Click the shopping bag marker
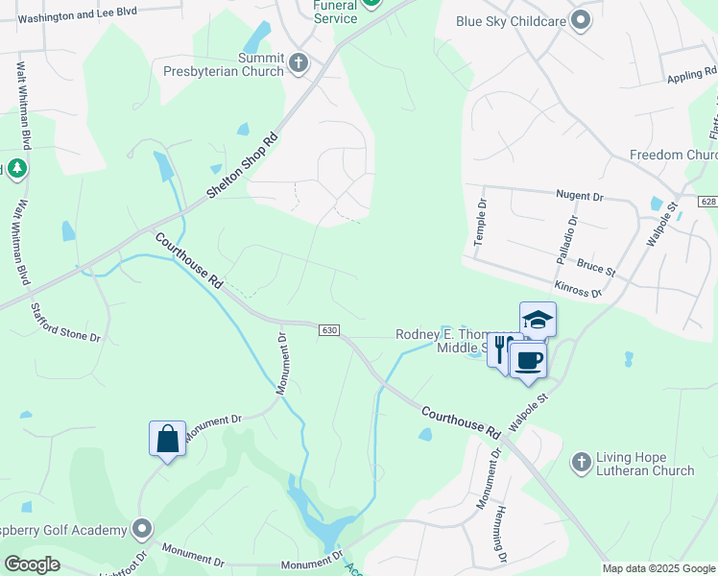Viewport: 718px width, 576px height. pyautogui.click(x=167, y=439)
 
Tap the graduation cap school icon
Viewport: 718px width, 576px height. pyautogui.click(x=538, y=320)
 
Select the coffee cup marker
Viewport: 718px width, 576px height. pyautogui.click(x=528, y=361)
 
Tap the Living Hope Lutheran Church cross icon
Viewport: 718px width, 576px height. pyautogui.click(x=581, y=463)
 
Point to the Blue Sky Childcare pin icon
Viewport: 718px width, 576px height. pyautogui.click(x=580, y=19)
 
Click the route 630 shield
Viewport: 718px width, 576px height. pyautogui.click(x=329, y=329)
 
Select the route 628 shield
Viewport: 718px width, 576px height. pyautogui.click(x=708, y=202)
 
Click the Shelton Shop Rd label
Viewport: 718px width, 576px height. pyautogui.click(x=243, y=165)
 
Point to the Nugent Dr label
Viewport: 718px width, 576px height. pyautogui.click(x=579, y=195)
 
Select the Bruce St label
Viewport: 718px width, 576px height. pyautogui.click(x=596, y=263)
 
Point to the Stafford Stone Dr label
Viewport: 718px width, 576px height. pyautogui.click(x=65, y=323)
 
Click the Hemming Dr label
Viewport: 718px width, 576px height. pyautogui.click(x=501, y=536)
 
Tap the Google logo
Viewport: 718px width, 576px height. pyautogui.click(x=32, y=565)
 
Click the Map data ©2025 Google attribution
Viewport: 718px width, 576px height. pyautogui.click(x=658, y=568)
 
